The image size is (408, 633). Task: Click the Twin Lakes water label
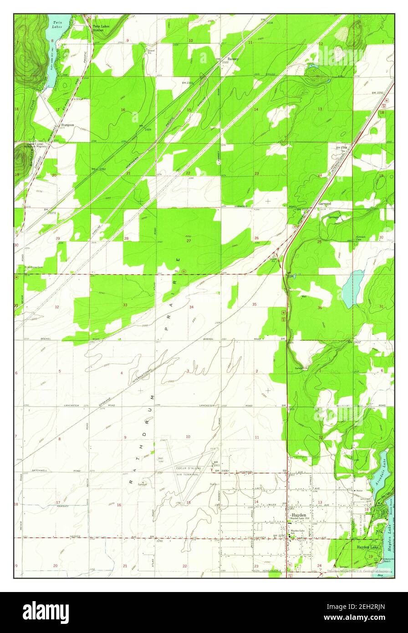click(x=57, y=24)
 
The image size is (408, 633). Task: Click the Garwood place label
click(x=325, y=204)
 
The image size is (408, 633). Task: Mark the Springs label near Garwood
click(x=334, y=217)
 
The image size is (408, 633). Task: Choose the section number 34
click(x=191, y=307)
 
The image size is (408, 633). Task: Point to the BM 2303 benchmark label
click(x=188, y=83)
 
